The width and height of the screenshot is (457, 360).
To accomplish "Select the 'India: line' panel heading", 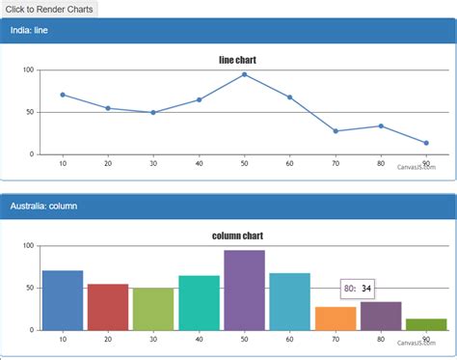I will (x=36, y=31).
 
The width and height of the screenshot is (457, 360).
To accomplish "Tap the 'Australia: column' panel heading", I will (x=43, y=206).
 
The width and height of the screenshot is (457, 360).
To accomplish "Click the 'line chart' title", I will (x=237, y=60).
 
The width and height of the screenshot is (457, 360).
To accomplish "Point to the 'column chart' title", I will (x=237, y=235).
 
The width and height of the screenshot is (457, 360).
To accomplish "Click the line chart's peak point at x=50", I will (x=244, y=74).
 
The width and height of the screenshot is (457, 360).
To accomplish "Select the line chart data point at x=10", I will (x=63, y=95).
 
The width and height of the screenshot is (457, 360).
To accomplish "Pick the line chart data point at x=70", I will (x=336, y=131).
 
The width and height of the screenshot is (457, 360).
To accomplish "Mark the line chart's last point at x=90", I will (x=426, y=143).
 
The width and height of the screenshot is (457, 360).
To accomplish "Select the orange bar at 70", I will (x=336, y=318).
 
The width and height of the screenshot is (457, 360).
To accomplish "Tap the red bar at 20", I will (x=108, y=307).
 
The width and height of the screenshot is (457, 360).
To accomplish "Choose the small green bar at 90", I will (x=426, y=324).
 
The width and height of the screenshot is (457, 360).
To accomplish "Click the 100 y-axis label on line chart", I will (x=28, y=70).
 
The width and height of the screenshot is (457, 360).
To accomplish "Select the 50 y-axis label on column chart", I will (x=30, y=288).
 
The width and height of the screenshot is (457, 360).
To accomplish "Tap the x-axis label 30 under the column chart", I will (x=153, y=339).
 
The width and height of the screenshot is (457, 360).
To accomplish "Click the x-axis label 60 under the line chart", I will (x=289, y=163).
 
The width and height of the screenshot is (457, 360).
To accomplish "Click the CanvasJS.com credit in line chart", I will (x=416, y=167).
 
